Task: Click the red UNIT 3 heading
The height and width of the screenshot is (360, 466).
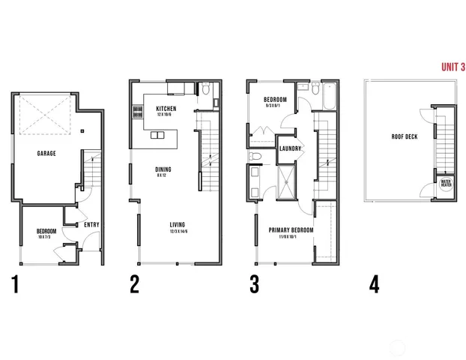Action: tap(453, 67)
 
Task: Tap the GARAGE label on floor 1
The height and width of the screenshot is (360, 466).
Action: tap(47, 153)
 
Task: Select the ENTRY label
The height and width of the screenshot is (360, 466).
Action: tap(92, 225)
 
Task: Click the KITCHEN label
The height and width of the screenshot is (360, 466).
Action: tap(166, 109)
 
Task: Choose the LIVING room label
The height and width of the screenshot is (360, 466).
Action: tap(178, 225)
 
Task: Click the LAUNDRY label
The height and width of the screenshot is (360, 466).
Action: tap(290, 149)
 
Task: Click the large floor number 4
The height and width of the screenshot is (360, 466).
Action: tap(374, 285)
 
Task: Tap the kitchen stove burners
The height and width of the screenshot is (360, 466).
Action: tap(137, 113)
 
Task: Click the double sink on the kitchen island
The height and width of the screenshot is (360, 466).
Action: tap(157, 136)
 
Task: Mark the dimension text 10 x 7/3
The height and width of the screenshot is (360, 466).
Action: tap(46, 238)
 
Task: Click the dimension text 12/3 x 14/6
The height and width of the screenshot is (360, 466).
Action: tap(178, 232)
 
